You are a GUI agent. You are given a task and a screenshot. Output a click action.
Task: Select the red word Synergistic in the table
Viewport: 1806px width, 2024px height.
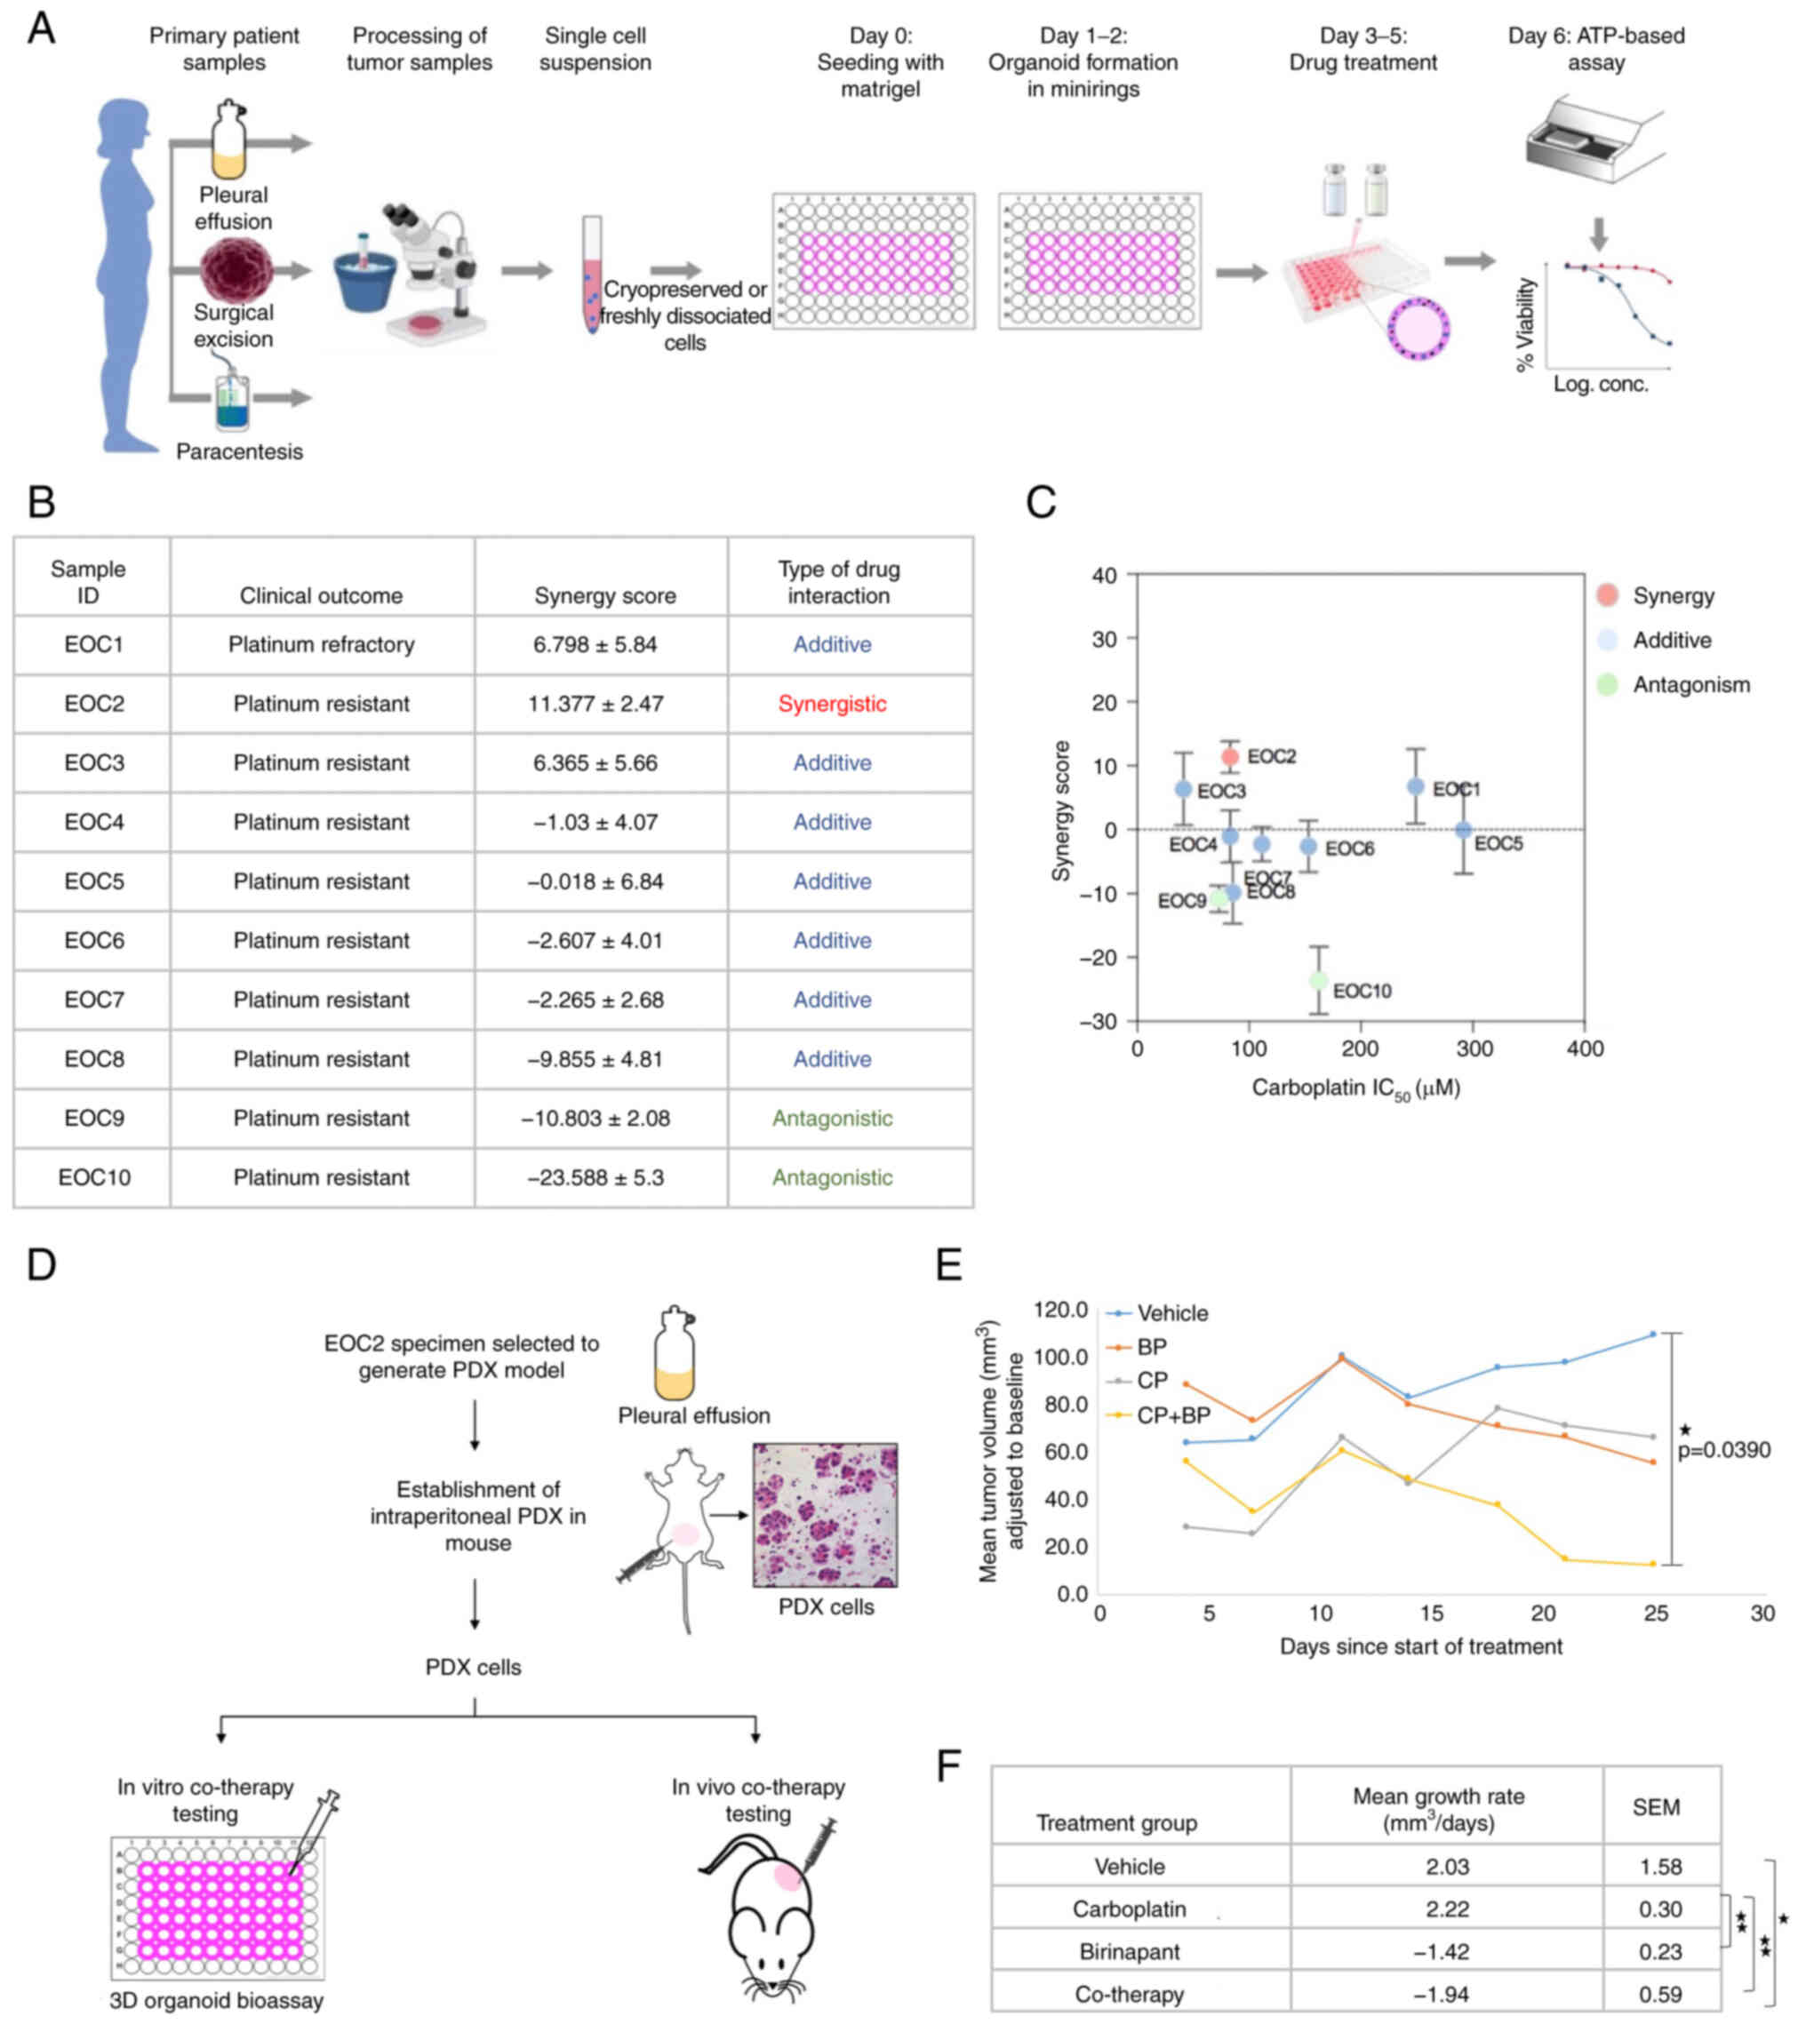coord(832,704)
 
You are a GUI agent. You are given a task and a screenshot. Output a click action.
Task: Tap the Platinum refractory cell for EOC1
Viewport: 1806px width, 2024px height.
coord(321,644)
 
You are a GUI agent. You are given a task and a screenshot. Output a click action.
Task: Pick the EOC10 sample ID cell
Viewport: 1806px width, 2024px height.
coord(93,1176)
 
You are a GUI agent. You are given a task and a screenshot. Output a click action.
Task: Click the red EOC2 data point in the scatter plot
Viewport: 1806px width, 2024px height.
coord(1229,756)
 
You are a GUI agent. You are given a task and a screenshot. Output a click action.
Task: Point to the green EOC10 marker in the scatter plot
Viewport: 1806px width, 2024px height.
coord(1318,980)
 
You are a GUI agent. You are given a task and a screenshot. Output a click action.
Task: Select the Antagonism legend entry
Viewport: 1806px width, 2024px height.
coord(1690,684)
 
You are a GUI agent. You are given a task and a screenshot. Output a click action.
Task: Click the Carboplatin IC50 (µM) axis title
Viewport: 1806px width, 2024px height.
coord(1354,1088)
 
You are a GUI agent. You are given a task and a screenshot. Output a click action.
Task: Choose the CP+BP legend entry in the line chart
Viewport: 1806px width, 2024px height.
coord(1173,1415)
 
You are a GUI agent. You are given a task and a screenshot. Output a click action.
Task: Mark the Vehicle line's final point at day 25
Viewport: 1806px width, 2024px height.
coord(1652,1335)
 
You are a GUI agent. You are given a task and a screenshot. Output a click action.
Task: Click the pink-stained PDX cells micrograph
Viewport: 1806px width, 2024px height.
coord(825,1515)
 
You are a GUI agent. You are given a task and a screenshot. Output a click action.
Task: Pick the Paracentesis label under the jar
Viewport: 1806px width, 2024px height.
coord(239,451)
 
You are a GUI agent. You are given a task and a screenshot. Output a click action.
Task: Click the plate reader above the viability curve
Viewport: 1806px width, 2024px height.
coord(1594,139)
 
